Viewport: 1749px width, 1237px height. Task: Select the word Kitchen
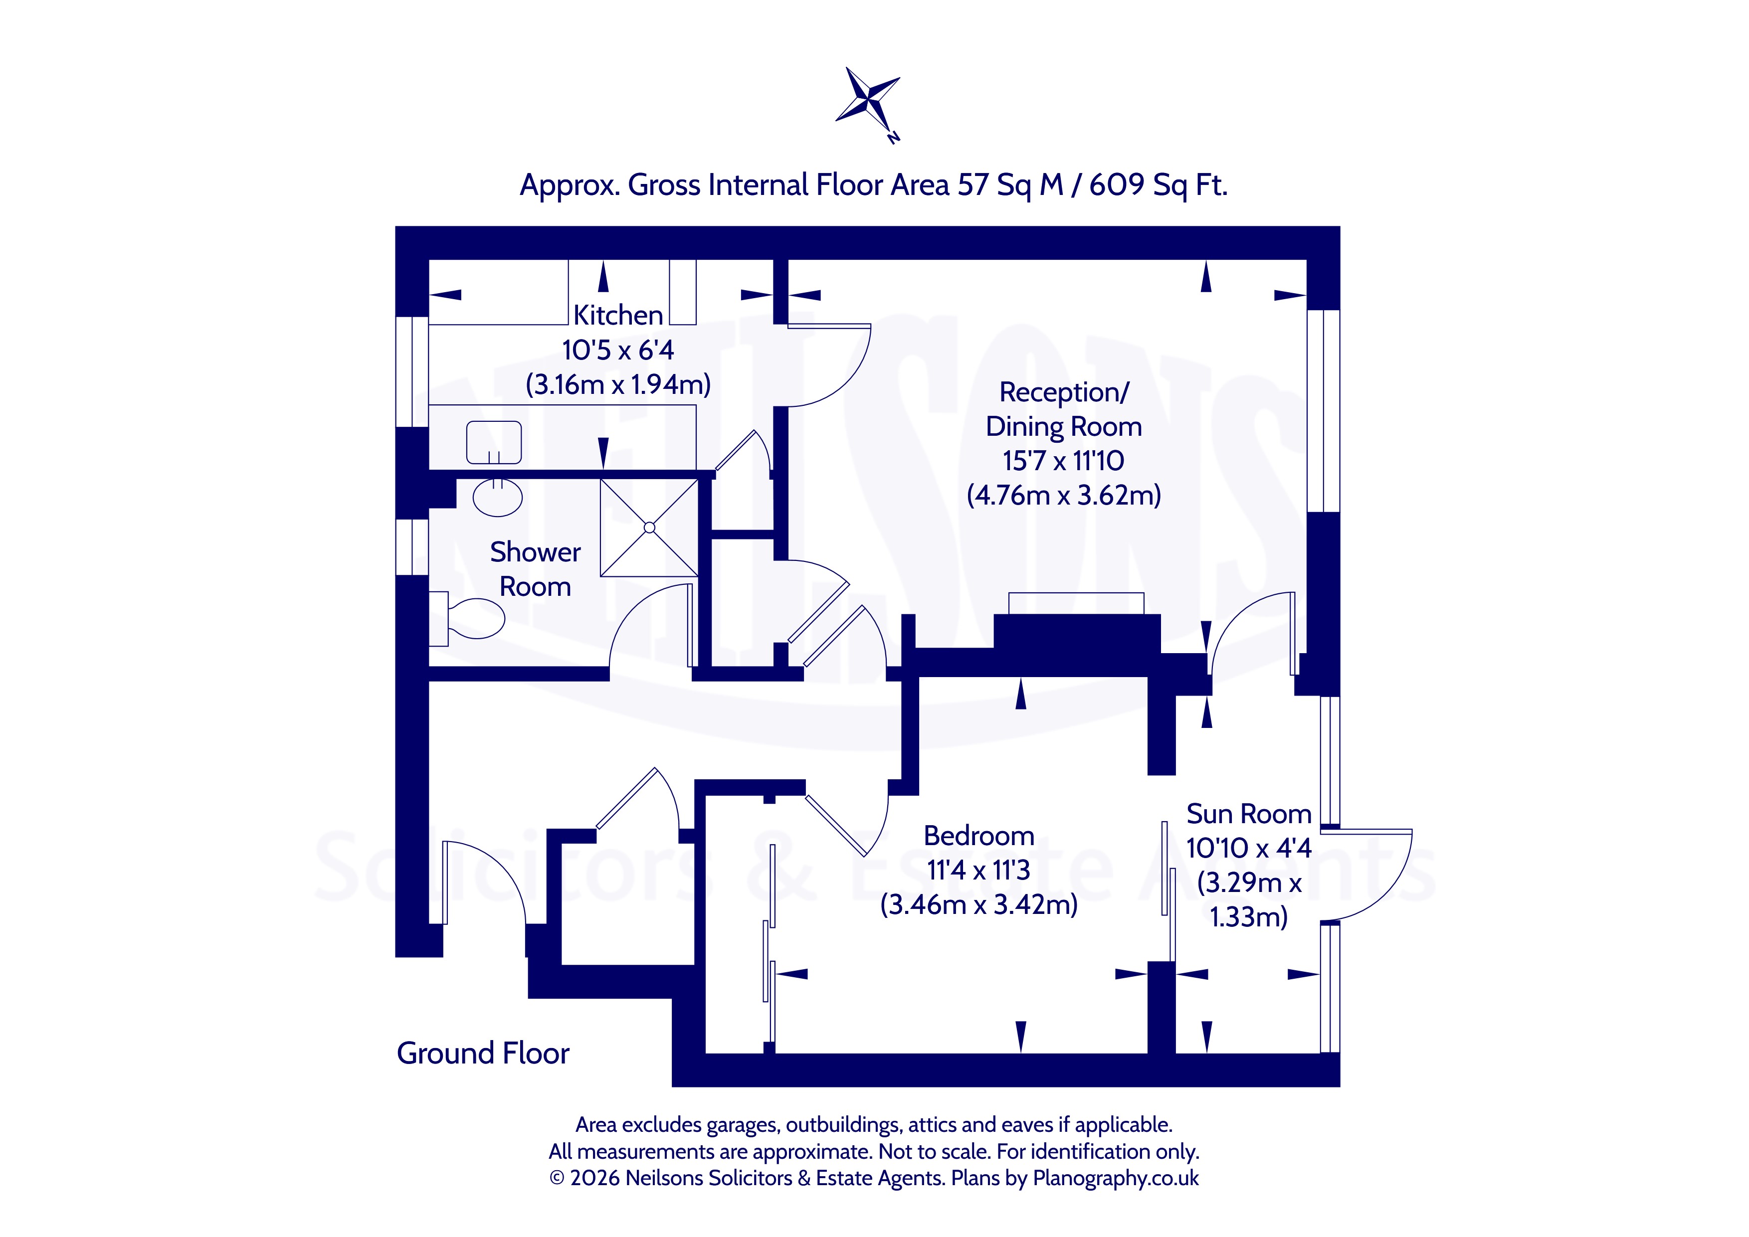click(618, 315)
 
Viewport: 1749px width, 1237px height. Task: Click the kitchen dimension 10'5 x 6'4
click(618, 351)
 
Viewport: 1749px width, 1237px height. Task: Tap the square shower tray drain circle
click(649, 527)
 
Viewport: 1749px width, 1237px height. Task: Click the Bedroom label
click(979, 836)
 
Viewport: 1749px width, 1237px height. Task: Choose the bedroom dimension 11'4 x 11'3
click(979, 870)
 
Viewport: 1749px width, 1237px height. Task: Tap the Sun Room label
click(1248, 814)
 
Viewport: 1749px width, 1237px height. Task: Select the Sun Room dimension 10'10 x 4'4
click(1248, 848)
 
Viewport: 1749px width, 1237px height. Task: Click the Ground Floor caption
click(483, 1054)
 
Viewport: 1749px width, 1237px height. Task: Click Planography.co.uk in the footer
click(1116, 1178)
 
